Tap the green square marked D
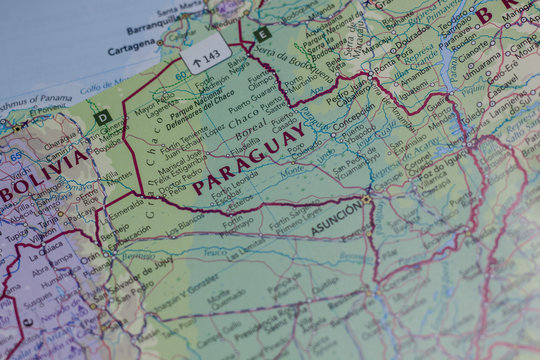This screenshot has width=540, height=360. [102, 118]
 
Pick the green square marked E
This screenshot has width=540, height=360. [262, 34]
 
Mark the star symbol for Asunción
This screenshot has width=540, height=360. [367, 200]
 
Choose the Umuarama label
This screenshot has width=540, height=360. [479, 56]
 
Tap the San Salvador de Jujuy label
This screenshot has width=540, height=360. [140, 267]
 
